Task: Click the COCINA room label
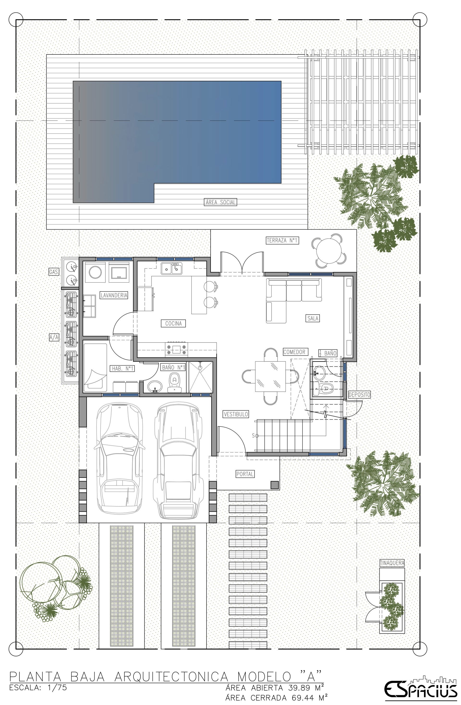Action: pos(173,323)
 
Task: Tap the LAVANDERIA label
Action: pos(114,295)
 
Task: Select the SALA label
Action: pos(313,318)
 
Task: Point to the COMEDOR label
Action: pos(294,352)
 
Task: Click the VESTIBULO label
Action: pos(236,414)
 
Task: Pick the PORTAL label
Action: pos(245,474)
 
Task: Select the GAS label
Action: pos(53,271)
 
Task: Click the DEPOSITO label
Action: pos(359,395)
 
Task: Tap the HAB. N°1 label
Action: pos(122,369)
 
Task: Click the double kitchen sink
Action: pos(172,268)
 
